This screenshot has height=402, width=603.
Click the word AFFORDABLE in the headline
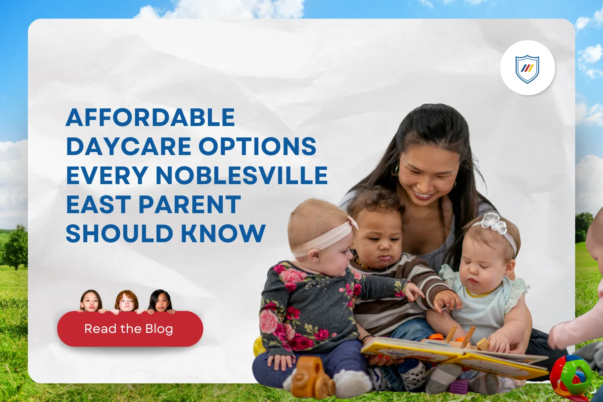(150, 117)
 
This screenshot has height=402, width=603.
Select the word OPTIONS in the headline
(257, 146)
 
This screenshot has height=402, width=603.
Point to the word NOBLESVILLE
(241, 175)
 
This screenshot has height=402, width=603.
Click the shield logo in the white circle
(527, 68)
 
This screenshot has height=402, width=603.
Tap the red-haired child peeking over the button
(126, 301)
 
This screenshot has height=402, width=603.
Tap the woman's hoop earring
(396, 170)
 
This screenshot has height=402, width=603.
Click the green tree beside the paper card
(15, 247)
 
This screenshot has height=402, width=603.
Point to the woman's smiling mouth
(423, 195)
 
